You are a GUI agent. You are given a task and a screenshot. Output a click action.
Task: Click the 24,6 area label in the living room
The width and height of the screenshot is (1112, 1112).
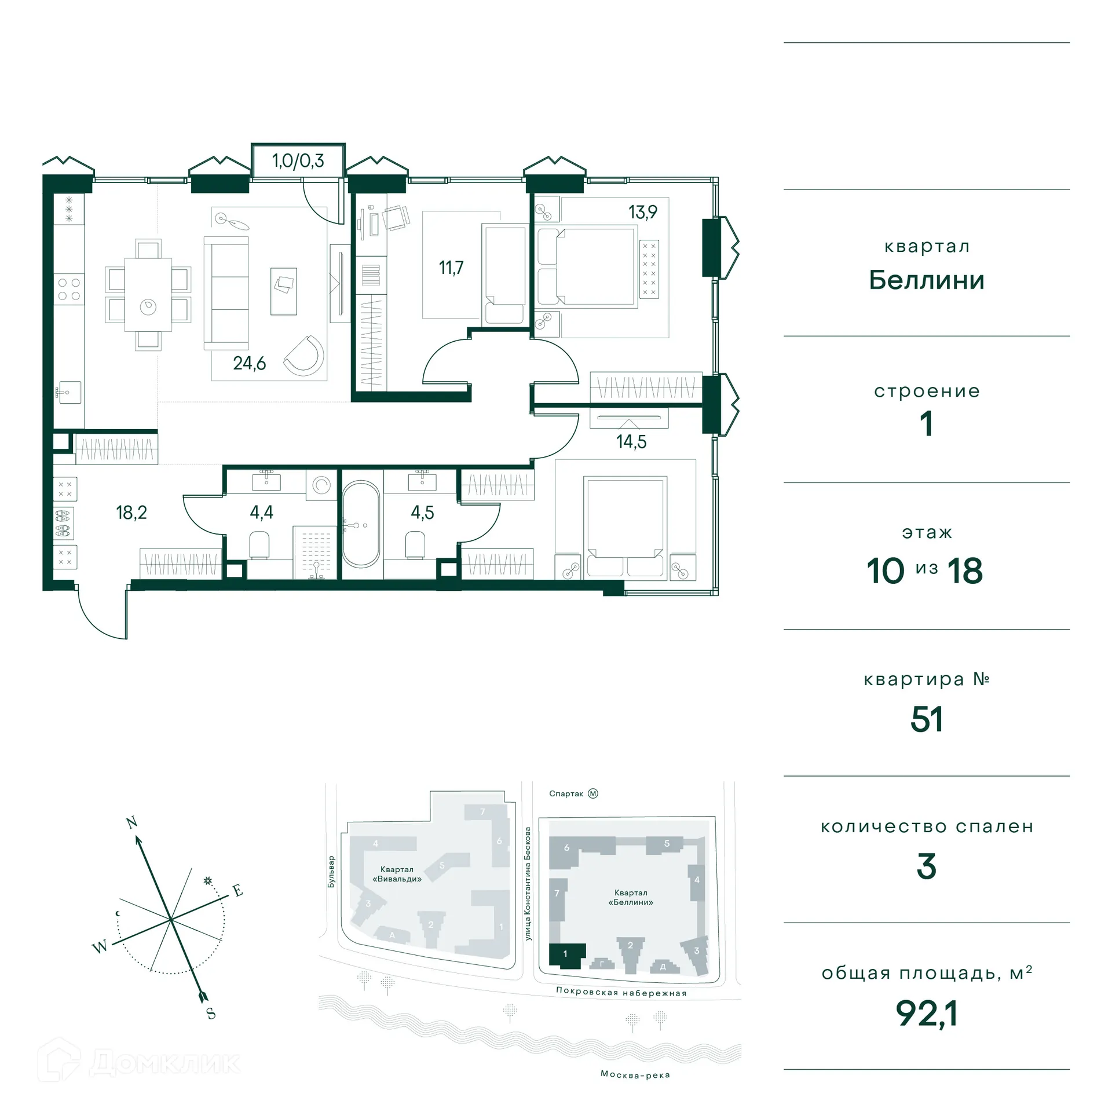(x=249, y=363)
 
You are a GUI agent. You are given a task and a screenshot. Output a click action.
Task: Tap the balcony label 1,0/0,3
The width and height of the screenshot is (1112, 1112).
(x=298, y=160)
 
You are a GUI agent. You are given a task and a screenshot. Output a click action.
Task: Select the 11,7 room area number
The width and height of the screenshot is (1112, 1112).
(x=451, y=268)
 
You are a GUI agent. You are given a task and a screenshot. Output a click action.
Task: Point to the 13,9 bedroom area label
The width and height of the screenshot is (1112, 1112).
(x=643, y=212)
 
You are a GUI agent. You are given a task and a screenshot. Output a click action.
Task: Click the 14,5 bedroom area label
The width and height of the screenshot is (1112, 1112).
(x=631, y=442)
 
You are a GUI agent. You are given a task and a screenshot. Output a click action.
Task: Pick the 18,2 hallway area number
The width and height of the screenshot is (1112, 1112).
(x=131, y=513)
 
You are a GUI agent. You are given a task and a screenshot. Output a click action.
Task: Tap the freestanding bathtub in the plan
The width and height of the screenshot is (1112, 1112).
(x=361, y=524)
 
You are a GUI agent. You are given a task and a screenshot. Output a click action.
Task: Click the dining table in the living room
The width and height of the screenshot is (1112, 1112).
(x=148, y=294)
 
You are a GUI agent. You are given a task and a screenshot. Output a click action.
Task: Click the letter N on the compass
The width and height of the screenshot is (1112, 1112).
(x=132, y=822)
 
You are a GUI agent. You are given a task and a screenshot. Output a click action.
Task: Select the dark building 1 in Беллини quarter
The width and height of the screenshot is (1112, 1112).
(x=566, y=954)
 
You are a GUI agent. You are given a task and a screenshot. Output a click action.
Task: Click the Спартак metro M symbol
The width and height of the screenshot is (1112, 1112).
(x=592, y=793)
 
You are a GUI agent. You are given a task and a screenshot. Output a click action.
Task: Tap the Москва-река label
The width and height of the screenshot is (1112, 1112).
(x=635, y=1074)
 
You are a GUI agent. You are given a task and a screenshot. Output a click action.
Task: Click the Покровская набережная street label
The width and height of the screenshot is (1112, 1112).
(x=621, y=992)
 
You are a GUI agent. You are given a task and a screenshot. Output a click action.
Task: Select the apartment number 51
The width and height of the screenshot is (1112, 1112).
(x=927, y=719)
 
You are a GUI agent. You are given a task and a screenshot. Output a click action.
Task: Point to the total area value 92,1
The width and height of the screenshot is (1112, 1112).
(x=927, y=1014)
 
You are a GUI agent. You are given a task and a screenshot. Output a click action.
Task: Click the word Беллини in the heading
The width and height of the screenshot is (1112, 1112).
(x=927, y=280)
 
